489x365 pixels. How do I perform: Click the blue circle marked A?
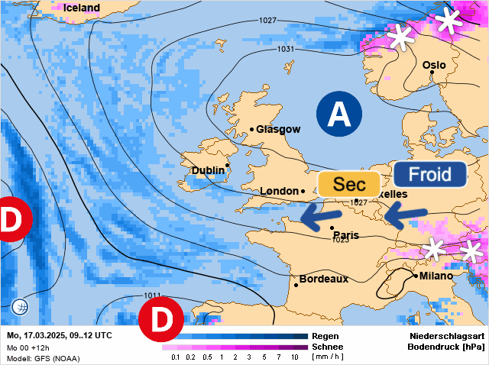tap(338, 114)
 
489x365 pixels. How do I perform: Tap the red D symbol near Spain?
tap(161, 321)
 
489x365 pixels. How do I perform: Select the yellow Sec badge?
tap(349, 185)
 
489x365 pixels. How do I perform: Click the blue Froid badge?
tap(430, 174)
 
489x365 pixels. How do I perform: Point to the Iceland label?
tap(82, 8)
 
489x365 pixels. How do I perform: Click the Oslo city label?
tap(434, 66)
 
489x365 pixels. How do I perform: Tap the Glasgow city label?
tap(278, 130)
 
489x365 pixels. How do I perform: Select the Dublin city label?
tap(208, 170)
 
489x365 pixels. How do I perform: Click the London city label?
tap(278, 191)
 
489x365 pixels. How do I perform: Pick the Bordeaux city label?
tap(323, 279)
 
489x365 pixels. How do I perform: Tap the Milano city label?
tap(435, 276)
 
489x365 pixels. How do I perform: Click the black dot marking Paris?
tap(332, 228)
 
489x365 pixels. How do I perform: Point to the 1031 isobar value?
tap(286, 50)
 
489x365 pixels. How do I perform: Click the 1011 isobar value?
tap(152, 296)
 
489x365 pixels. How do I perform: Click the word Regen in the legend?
tap(325, 336)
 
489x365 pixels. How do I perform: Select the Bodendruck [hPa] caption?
tap(446, 347)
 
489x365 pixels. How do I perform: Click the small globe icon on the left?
tap(21, 308)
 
